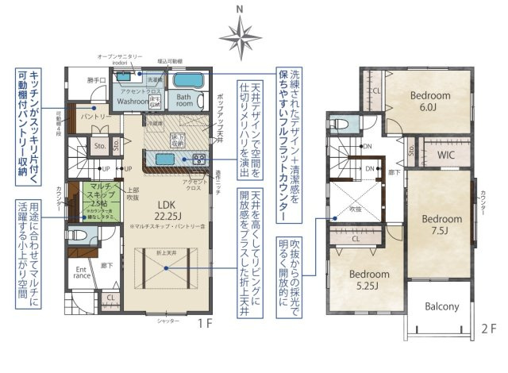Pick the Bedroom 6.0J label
point(430,100)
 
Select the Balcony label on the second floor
point(442,306)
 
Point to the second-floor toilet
point(339,125)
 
